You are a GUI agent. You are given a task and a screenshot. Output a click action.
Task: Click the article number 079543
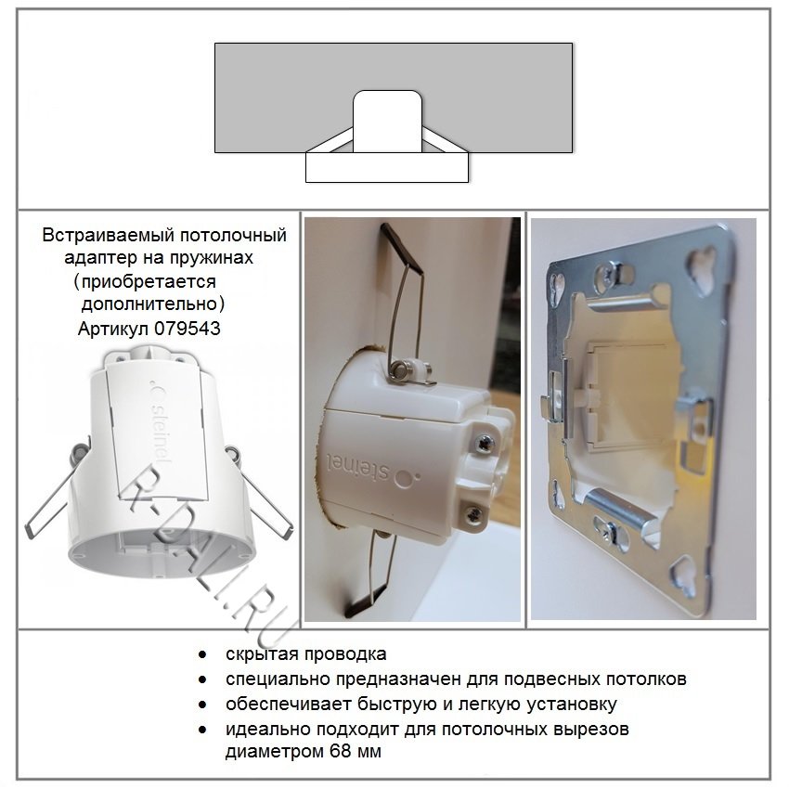tap(188, 329)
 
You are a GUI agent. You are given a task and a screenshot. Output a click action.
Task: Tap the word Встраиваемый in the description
tap(108, 235)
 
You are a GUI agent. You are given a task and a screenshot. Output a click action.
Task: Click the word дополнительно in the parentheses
tap(149, 304)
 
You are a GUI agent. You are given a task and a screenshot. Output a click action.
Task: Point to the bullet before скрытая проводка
tap(202, 654)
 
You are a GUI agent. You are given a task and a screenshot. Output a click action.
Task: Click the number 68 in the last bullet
tap(340, 752)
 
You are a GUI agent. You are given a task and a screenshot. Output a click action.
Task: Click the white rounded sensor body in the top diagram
tap(387, 122)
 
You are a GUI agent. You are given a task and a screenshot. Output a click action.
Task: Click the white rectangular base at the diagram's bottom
tap(387, 168)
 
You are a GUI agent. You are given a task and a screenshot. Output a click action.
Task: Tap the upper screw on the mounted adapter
tap(484, 443)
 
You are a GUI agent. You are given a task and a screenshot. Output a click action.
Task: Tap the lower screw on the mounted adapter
tap(472, 515)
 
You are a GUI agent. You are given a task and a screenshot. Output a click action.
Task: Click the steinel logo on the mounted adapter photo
tap(372, 470)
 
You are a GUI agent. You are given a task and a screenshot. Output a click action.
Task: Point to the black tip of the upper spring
tap(402, 246)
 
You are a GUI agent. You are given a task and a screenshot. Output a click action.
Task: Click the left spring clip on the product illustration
tap(56, 493)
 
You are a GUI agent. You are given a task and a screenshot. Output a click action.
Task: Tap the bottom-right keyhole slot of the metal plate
tap(685, 574)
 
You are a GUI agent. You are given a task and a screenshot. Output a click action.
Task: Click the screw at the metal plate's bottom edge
tap(611, 531)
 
